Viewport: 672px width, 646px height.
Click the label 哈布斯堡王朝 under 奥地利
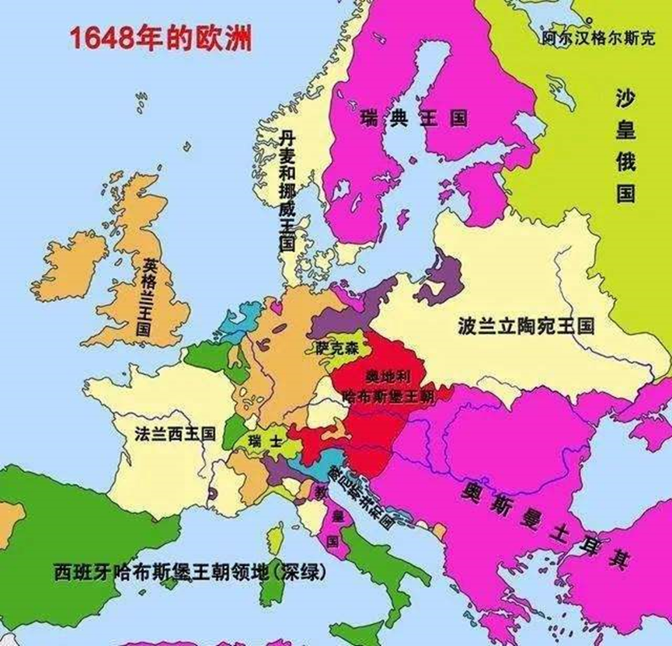(x=387, y=395)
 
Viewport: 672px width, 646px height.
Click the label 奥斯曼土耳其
(x=544, y=523)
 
